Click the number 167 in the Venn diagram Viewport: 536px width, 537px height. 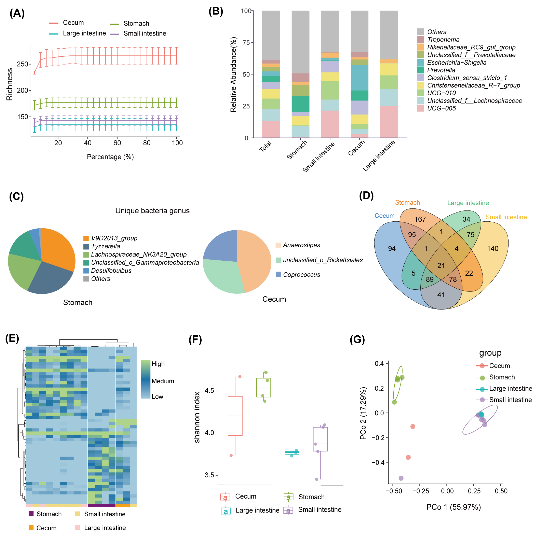coord(420,219)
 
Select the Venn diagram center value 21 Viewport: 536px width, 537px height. coord(441,265)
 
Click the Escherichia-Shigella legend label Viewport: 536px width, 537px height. coord(456,63)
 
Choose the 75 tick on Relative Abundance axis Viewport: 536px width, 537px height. coord(246,43)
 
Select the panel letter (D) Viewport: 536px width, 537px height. coord(366,196)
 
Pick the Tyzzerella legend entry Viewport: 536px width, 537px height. coord(105,246)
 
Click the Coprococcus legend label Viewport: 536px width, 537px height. coord(301,275)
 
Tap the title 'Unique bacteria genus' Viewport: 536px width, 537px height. coord(152,211)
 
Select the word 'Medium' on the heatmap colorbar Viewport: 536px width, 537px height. coord(163,381)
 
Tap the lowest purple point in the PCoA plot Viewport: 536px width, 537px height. coord(401,478)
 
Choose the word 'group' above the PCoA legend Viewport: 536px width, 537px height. coord(490,353)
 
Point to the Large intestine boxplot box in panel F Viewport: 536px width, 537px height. coord(292,453)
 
